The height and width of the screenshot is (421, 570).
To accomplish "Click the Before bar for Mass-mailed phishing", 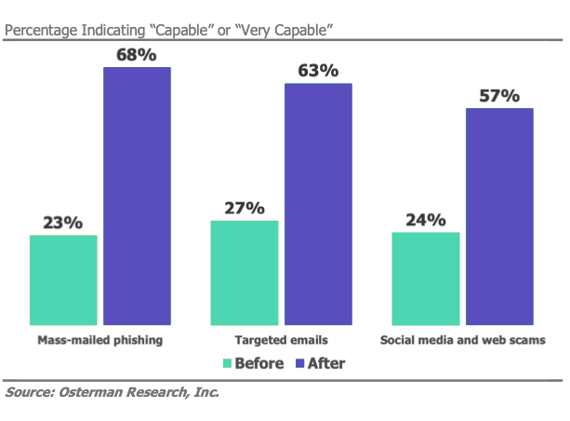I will pos(63,278).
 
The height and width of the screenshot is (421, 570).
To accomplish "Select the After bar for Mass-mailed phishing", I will pos(137,194).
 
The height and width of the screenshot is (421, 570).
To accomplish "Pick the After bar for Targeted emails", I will pos(318,202).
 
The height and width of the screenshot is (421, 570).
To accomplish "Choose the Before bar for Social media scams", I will pos(426,276).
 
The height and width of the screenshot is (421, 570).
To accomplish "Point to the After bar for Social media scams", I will pos(499,214).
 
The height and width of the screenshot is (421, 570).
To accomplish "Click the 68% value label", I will pos(137,55).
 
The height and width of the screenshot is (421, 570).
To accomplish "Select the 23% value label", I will pos(63,224).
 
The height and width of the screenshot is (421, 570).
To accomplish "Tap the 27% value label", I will pos(245,209).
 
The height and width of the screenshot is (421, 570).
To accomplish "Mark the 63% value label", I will pos(318,71).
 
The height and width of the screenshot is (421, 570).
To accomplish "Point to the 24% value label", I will pos(426,221).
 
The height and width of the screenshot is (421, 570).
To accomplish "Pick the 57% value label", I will pos(499,96).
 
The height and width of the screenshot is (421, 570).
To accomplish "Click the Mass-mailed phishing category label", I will pos(99,340).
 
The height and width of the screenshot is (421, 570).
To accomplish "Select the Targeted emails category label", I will pos(281,340).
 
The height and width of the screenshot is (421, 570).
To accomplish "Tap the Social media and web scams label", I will pos(462,340).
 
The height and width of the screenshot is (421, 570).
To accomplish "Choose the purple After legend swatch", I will pos(299,363).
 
